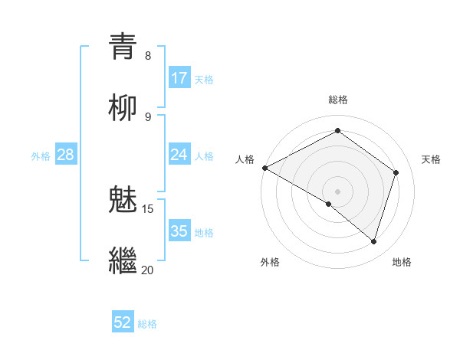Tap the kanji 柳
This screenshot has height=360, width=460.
[x=123, y=108]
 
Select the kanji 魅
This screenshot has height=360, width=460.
[x=123, y=200]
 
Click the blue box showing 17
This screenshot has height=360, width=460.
[x=179, y=78]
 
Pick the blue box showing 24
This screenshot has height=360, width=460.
[x=179, y=155]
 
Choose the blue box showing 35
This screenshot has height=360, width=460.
[x=179, y=231]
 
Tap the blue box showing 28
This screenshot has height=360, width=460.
[x=66, y=155]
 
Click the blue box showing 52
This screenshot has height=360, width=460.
[x=123, y=323]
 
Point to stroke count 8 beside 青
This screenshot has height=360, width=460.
[x=148, y=56]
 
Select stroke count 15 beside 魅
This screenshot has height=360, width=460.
[x=148, y=209]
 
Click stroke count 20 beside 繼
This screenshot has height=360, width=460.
[x=148, y=270]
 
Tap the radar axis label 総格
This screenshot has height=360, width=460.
[x=338, y=100]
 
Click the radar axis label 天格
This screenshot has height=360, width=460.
[x=432, y=159]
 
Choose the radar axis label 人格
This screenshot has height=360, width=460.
[x=245, y=159]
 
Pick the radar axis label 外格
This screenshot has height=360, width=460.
[x=269, y=263]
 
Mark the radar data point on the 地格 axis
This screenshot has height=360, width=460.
[x=374, y=242]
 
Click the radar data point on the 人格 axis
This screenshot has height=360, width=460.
[x=264, y=168]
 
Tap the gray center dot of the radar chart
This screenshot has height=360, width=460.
[x=337, y=191]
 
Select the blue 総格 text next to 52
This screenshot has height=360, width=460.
[x=147, y=324]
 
